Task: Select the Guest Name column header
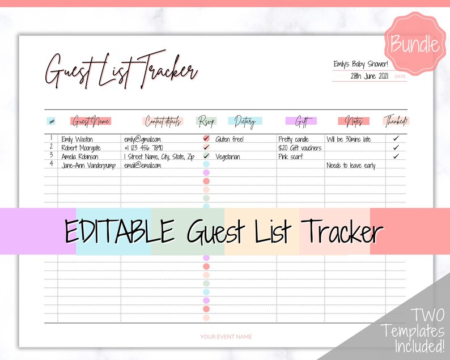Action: (x=91, y=121)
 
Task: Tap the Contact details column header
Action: (x=163, y=121)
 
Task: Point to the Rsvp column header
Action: (x=206, y=121)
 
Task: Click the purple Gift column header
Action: (x=302, y=121)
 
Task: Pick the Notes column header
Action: (x=354, y=121)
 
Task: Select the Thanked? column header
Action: (x=396, y=121)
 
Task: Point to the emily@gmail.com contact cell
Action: (x=143, y=139)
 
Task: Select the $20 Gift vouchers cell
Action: (x=300, y=148)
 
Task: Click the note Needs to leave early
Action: (x=351, y=166)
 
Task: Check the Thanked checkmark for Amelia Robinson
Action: (x=396, y=156)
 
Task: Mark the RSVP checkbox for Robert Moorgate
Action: (x=206, y=147)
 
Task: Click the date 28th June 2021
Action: (x=370, y=75)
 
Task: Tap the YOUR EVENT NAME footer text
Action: (x=226, y=337)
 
